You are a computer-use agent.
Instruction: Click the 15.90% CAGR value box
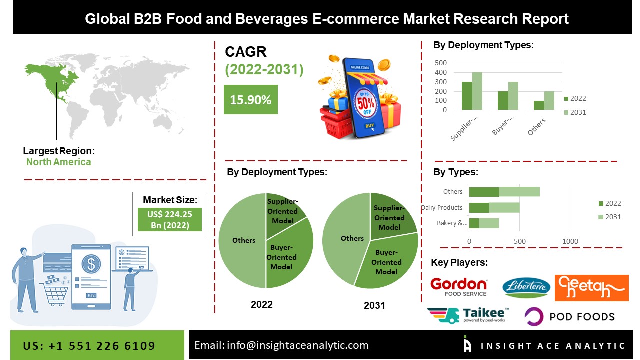(250, 100)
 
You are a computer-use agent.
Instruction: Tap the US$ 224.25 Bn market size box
(170, 219)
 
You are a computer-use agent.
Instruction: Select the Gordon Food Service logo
(458, 287)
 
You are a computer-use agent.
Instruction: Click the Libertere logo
(526, 288)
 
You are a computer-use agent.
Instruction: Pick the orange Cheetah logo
(591, 288)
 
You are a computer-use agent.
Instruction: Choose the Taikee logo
(468, 316)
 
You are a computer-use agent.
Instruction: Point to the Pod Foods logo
(569, 316)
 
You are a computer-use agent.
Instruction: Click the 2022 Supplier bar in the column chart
(467, 96)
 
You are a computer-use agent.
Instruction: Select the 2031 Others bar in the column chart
(549, 101)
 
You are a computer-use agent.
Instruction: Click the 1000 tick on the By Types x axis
(570, 241)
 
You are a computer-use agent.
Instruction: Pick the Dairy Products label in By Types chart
(442, 208)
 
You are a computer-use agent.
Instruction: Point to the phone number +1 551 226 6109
(89, 346)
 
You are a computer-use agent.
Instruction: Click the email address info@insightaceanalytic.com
(281, 345)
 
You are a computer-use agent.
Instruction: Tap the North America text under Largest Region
(59, 162)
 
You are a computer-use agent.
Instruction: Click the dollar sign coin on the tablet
(91, 263)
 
